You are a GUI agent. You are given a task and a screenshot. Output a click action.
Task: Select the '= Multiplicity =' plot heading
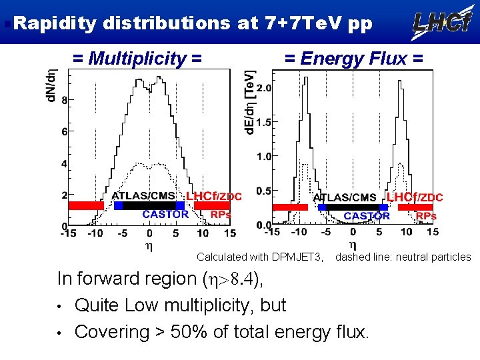[x=137, y=59]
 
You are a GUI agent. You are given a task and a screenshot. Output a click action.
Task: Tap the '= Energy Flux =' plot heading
[x=353, y=59]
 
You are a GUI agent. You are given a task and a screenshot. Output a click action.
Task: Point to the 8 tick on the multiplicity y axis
[x=64, y=101]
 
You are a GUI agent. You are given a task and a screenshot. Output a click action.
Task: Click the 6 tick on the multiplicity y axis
[x=64, y=132]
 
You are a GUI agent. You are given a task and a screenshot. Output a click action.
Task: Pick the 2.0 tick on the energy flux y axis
[x=263, y=88]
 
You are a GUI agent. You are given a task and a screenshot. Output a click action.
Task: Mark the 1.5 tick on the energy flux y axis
[x=263, y=123]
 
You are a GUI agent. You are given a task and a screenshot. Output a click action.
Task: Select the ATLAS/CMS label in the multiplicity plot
[x=143, y=196]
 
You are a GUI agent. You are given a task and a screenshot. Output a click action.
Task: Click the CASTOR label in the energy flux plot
[x=367, y=216]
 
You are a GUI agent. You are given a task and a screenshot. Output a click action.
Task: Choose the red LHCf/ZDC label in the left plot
[x=213, y=196]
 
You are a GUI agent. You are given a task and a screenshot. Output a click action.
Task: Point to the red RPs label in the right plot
[x=425, y=216]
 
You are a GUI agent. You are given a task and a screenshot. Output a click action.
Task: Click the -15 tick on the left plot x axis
[x=67, y=233]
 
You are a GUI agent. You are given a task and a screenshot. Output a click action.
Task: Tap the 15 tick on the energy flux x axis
[x=432, y=232]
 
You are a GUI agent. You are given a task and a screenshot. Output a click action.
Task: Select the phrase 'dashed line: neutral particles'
[x=403, y=257]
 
